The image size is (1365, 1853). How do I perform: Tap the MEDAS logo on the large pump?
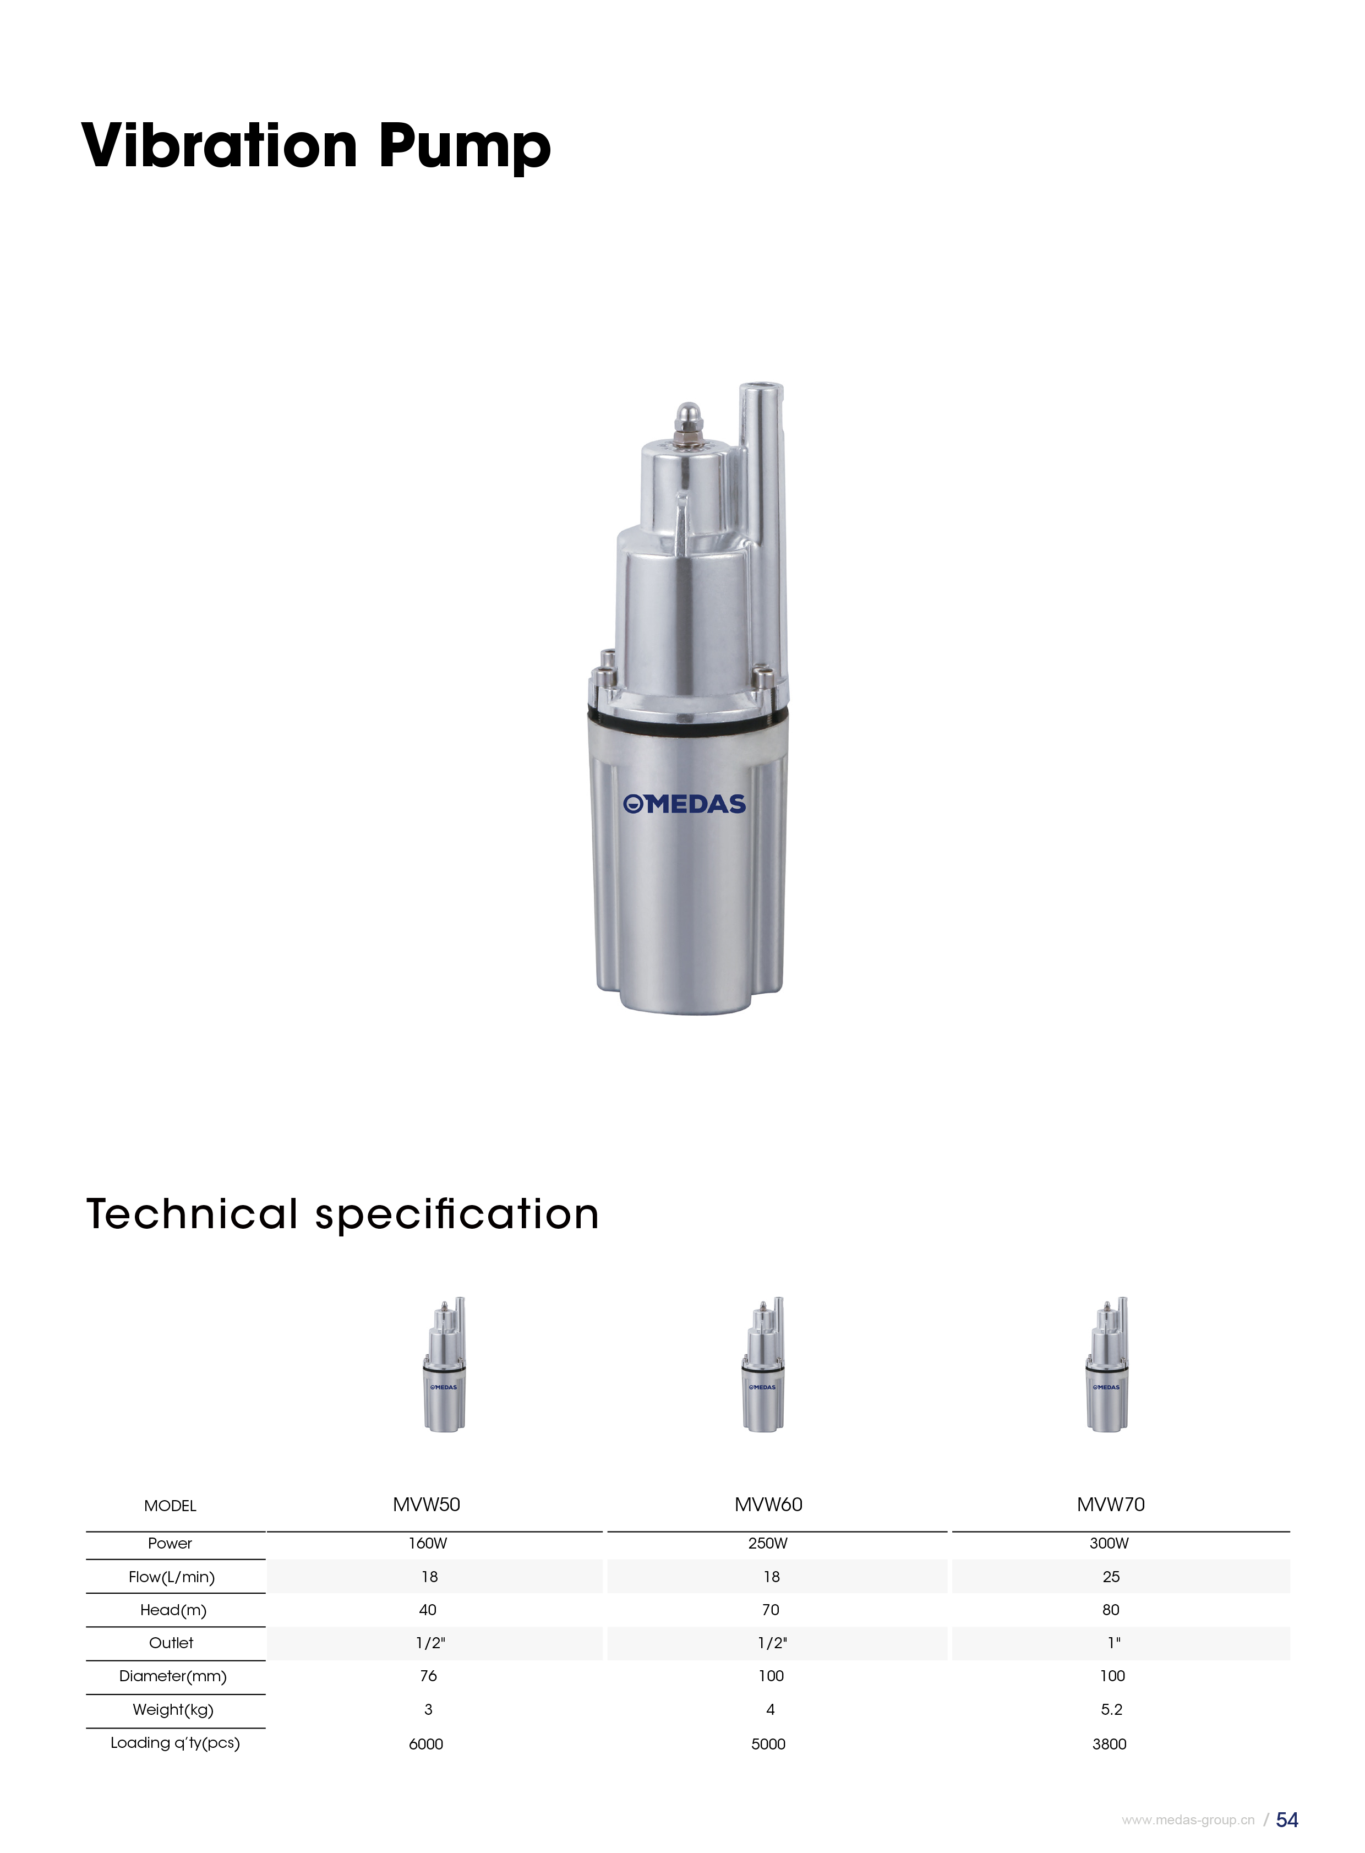point(684,804)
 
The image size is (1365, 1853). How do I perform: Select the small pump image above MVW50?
point(445,1364)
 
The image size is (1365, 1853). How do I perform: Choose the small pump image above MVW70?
point(1107,1364)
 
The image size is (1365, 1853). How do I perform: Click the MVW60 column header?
point(768,1504)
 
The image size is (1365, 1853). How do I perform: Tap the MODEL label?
point(170,1506)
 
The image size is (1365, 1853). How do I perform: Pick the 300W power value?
point(1109,1543)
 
